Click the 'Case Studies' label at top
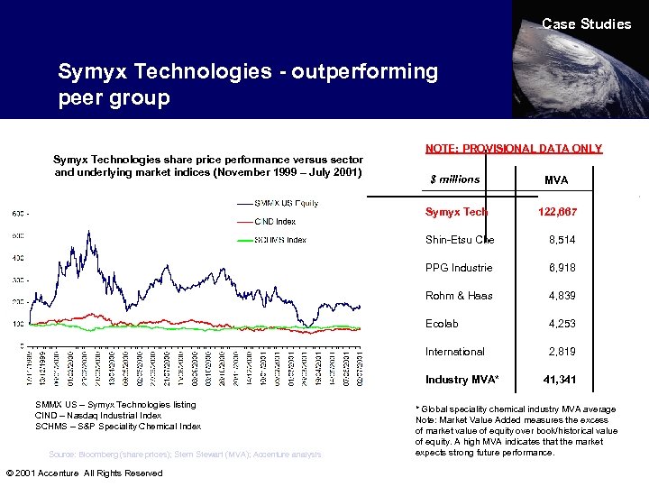click(x=586, y=24)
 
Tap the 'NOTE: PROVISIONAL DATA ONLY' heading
click(x=513, y=149)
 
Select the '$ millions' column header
click(x=454, y=179)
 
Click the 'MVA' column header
click(x=556, y=180)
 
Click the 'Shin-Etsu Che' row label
click(x=460, y=240)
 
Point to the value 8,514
click(x=562, y=240)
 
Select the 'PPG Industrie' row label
click(x=459, y=268)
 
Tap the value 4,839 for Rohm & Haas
click(x=562, y=296)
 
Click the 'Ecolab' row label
click(x=442, y=324)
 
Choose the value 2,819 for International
click(x=562, y=352)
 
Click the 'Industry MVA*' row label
click(x=462, y=380)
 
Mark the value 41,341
click(x=560, y=380)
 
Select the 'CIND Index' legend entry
click(x=275, y=221)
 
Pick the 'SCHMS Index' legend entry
click(x=279, y=240)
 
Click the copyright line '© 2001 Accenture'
click(x=84, y=473)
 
